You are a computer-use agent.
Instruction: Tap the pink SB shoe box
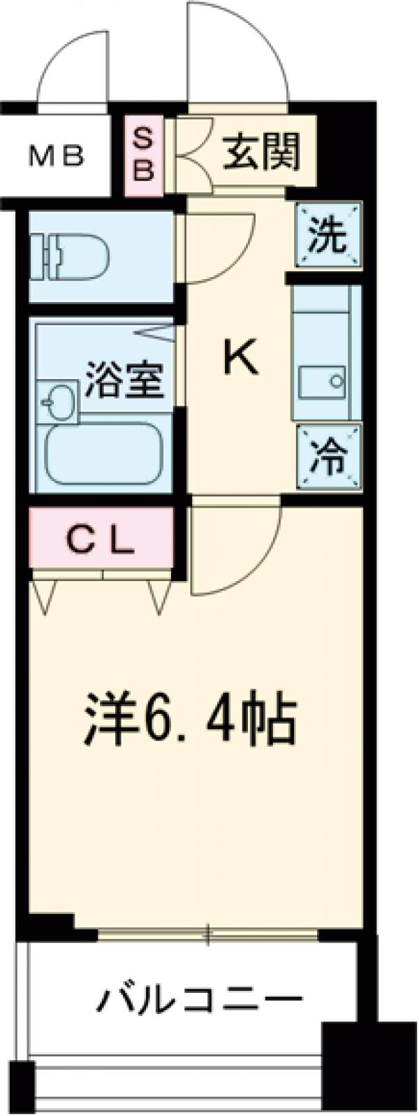click(142, 155)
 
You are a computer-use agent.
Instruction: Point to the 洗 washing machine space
click(328, 236)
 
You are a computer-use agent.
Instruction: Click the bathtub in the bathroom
click(103, 457)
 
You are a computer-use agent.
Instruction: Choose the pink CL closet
click(102, 540)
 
